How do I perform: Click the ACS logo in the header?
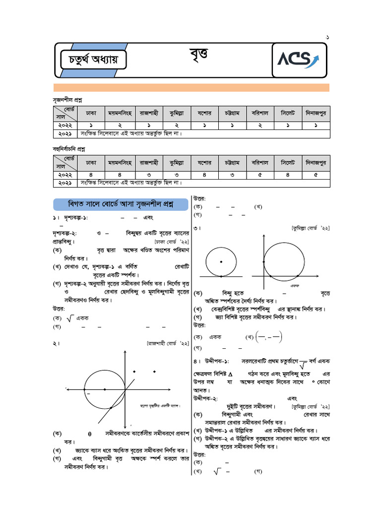pos(298,60)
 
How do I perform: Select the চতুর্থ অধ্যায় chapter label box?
pos(93,61)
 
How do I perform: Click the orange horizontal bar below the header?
pos(191,88)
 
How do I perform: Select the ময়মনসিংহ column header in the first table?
pos(120,113)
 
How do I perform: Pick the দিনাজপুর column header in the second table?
pos(316,162)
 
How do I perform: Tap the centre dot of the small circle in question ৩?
pos(221,261)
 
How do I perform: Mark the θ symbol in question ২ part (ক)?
pos(90,434)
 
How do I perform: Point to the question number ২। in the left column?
pos(58,343)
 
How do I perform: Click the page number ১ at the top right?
pos(327,37)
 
